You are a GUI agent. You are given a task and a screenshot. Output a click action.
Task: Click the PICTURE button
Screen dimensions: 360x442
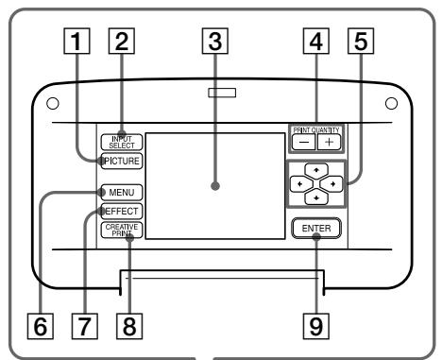(x=118, y=161)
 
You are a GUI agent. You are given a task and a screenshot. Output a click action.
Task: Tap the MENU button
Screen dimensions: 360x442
(x=118, y=193)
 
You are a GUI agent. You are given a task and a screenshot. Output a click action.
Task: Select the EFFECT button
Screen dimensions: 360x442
(x=119, y=212)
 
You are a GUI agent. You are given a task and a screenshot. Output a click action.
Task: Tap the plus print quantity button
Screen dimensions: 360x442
(x=328, y=143)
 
